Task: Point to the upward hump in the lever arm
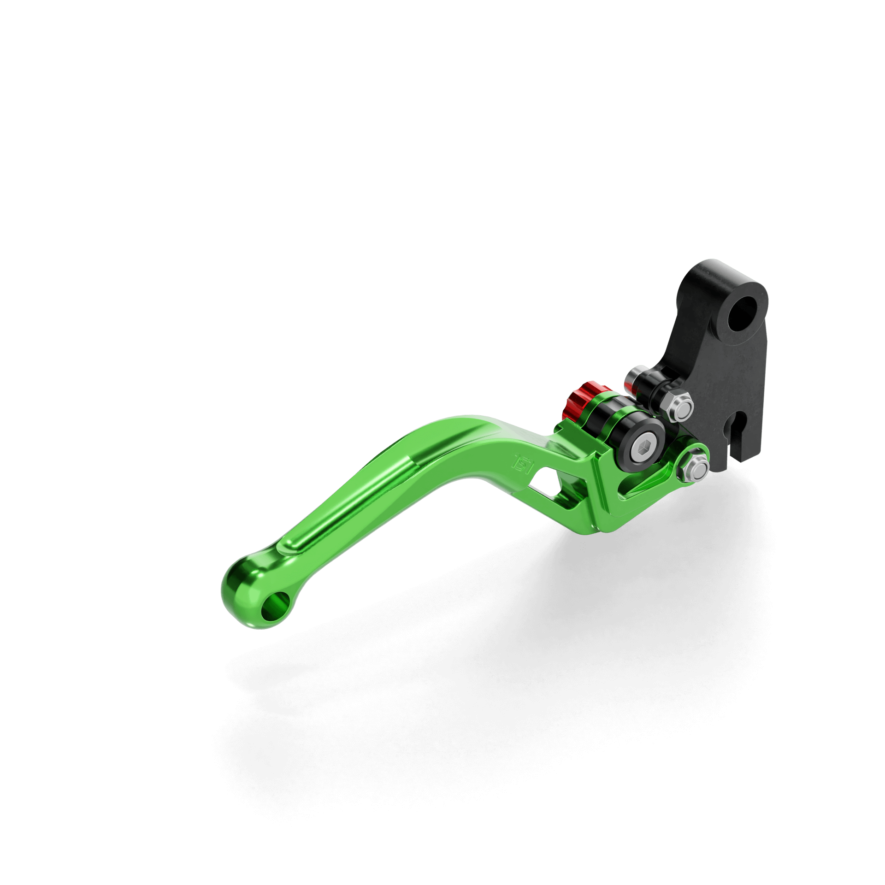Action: [466, 424]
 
